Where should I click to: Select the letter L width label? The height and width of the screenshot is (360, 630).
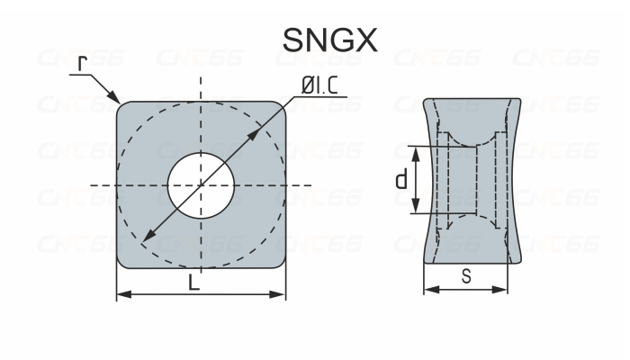tap(194, 283)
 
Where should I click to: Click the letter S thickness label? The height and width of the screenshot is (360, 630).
tap(466, 277)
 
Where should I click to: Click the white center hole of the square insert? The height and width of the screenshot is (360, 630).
tap(201, 184)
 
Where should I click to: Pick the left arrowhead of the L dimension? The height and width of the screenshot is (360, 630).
tap(122, 293)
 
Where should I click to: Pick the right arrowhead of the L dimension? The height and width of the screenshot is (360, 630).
tap(280, 293)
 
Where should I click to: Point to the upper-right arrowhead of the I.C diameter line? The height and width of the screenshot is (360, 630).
tap(258, 130)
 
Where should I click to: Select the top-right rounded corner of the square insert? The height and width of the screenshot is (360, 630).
tap(274, 112)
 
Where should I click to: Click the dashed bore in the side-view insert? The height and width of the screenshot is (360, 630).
tap(468, 180)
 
